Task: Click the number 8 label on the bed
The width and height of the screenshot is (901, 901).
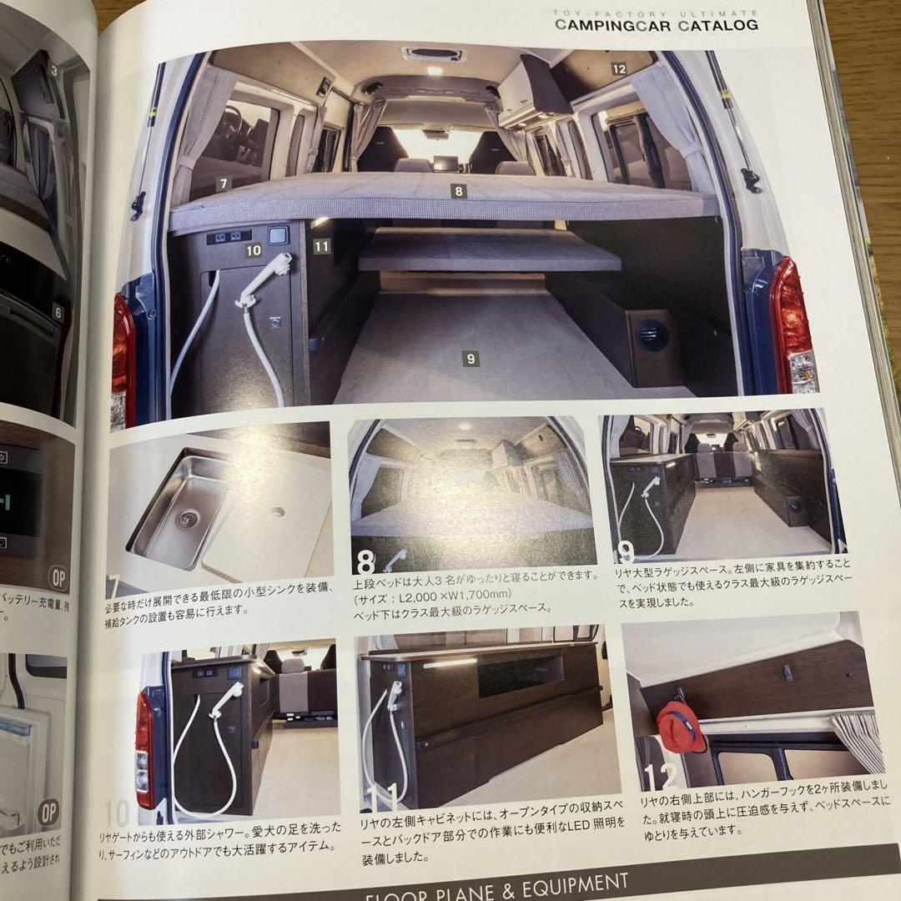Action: click(x=458, y=191)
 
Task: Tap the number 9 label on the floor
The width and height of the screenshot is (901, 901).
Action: click(x=471, y=360)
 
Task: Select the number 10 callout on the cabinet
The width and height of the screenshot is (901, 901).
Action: click(x=254, y=249)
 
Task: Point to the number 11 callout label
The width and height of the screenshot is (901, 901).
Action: click(x=322, y=246)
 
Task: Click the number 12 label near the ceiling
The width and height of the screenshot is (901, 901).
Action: click(x=618, y=69)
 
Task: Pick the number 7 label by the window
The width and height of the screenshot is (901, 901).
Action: click(x=223, y=182)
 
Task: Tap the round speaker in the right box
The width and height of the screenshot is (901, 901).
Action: click(x=652, y=335)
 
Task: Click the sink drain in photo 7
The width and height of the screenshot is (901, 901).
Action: click(x=184, y=518)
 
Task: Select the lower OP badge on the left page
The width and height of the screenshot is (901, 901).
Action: click(x=48, y=811)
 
